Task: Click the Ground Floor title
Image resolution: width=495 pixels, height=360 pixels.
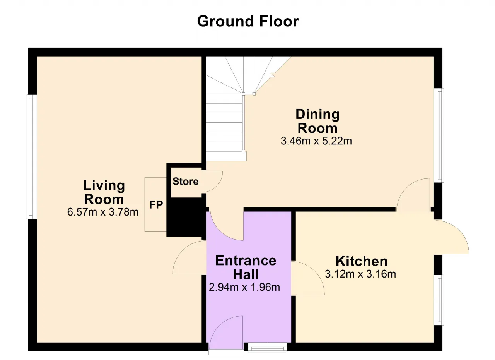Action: (x=248, y=21)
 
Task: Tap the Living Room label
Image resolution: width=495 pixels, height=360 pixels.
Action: (x=104, y=192)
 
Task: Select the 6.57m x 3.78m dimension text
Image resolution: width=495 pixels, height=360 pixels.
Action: (x=103, y=212)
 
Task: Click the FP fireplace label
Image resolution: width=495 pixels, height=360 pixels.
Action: (x=156, y=205)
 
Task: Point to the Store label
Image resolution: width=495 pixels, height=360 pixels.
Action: (x=185, y=182)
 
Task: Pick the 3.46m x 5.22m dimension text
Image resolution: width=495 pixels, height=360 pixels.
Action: (x=316, y=141)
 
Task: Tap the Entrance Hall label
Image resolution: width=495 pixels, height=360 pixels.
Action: (x=246, y=267)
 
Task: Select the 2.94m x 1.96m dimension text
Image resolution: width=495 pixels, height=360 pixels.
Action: (x=244, y=287)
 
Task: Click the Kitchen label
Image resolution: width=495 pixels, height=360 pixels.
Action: (x=362, y=261)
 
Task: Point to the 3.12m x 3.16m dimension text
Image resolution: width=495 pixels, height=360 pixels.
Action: (x=360, y=274)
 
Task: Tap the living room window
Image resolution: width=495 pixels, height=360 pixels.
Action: (x=32, y=157)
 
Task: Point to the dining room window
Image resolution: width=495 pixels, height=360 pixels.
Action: (x=439, y=135)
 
